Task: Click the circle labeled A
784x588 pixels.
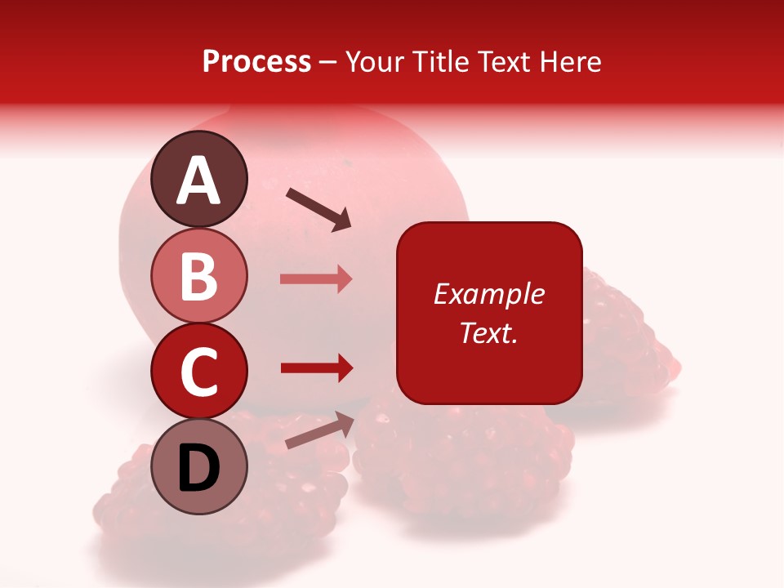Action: (199, 179)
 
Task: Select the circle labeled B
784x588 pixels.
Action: (199, 275)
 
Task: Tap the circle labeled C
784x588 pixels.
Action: (199, 372)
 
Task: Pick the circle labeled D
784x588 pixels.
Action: (199, 467)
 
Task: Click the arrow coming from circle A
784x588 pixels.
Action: (318, 209)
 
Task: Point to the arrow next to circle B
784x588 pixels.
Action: (316, 279)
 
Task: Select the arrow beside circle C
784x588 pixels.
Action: (316, 368)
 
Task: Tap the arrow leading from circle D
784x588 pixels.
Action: (319, 430)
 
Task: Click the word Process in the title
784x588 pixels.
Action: (256, 61)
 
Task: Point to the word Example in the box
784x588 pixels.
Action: (489, 295)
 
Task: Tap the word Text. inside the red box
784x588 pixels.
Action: (489, 332)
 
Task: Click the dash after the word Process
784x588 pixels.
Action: (328, 62)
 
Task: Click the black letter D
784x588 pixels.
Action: (199, 469)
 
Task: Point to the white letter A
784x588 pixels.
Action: (199, 180)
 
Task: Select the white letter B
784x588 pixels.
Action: (199, 276)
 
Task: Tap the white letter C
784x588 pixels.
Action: (199, 372)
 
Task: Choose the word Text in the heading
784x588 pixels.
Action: (504, 61)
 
